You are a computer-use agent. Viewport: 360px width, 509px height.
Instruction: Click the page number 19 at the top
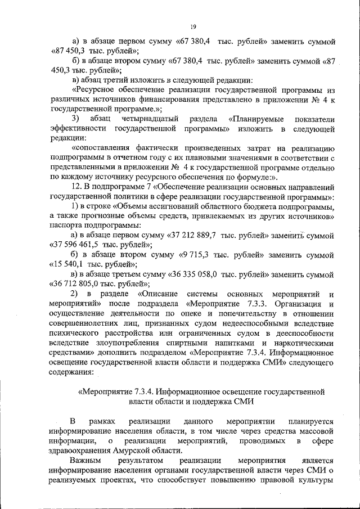point(192,26)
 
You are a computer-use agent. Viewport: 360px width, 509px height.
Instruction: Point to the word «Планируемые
point(256,119)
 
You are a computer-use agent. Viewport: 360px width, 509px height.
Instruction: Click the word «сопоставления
point(104,148)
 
